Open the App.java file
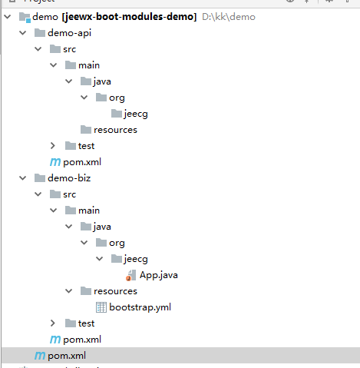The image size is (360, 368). pos(158,275)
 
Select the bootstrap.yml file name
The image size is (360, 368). pos(140,307)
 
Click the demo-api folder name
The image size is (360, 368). pos(69,33)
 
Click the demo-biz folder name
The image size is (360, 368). pos(69,178)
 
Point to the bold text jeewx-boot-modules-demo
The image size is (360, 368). pos(130,17)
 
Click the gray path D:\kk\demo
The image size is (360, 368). pos(229,17)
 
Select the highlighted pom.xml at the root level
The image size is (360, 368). pos(67,356)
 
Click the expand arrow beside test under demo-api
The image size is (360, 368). pos(53,146)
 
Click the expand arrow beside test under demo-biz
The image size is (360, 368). pos(53,323)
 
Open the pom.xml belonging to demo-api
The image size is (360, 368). pos(82,162)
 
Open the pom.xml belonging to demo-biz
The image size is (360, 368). pos(82,340)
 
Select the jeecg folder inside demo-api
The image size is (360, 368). pos(136,114)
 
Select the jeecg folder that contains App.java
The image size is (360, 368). pos(136,259)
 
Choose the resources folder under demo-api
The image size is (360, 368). pos(115,130)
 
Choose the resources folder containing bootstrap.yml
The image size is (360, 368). pos(115,291)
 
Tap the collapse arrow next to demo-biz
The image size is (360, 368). pos(23,178)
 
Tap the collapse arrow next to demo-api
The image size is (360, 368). pos(23,33)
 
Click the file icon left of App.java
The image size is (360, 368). pos(131,275)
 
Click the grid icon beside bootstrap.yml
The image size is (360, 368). pos(101,307)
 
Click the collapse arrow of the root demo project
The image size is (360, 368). pos(8,17)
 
